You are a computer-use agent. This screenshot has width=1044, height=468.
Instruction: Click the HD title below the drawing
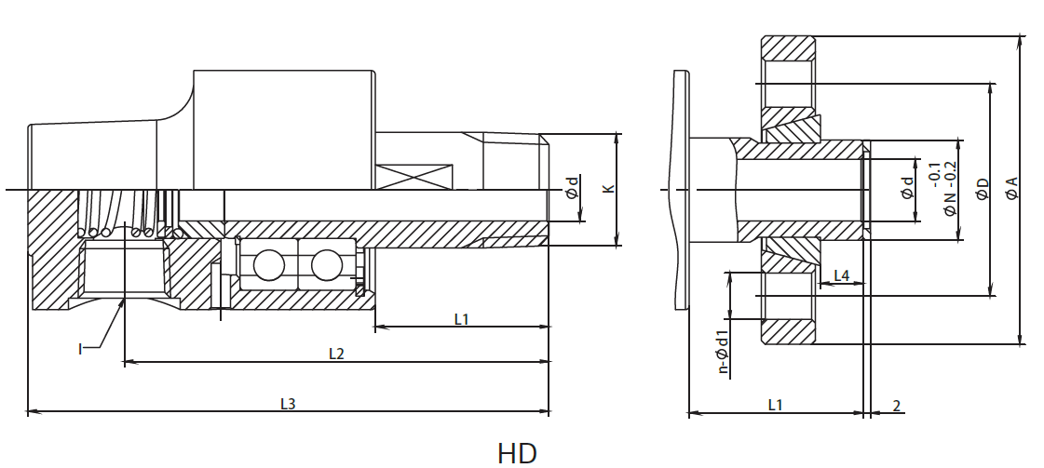(517, 452)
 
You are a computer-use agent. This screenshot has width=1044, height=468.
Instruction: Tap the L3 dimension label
(289, 404)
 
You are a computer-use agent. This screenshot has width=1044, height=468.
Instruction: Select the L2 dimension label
(336, 354)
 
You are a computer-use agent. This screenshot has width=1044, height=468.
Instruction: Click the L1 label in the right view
(775, 404)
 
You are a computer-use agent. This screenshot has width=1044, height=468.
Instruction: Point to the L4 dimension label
(841, 275)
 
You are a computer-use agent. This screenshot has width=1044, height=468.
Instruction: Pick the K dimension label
(608, 189)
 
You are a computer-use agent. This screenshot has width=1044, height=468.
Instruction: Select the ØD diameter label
(981, 190)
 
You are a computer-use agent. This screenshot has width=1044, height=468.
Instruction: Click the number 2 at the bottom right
(896, 405)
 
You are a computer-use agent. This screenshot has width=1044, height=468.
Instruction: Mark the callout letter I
(81, 349)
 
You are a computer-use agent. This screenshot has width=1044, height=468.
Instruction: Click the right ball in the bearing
(327, 266)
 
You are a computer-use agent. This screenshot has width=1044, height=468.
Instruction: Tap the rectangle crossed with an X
(415, 176)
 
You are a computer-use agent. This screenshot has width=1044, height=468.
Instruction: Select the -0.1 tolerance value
(934, 174)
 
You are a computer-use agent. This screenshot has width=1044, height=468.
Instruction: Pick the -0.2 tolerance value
(950, 174)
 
